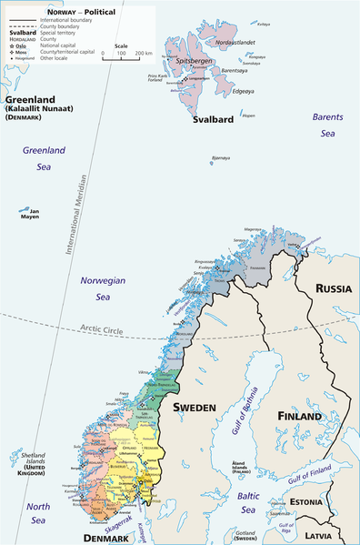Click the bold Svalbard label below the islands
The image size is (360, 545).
214,118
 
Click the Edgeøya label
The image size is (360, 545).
243,91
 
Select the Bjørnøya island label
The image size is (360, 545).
220,157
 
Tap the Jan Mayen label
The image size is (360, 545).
30,216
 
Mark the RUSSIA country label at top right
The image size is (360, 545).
334,288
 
